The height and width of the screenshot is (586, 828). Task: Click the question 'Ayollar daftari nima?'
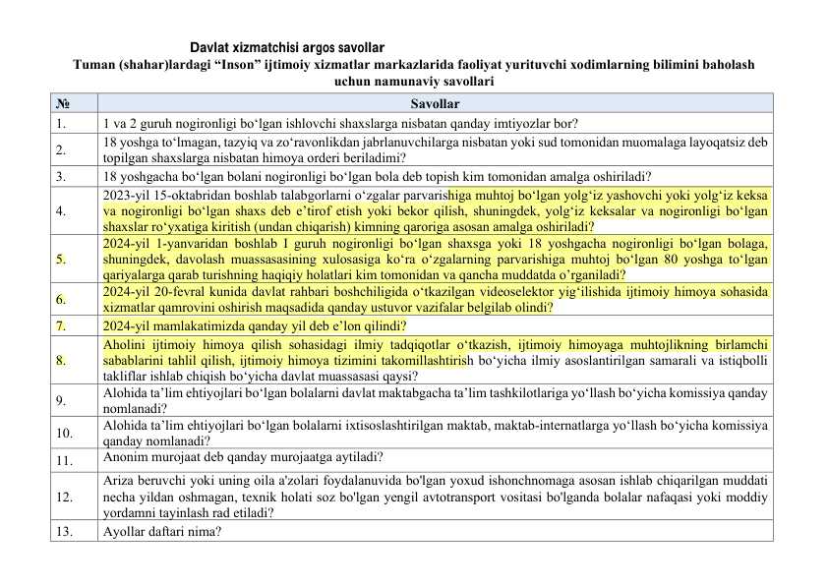click(x=161, y=532)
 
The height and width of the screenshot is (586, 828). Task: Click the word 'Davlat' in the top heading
click(x=207, y=47)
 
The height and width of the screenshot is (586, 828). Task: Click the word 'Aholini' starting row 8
click(x=123, y=344)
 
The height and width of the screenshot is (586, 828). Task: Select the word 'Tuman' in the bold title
click(x=94, y=65)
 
